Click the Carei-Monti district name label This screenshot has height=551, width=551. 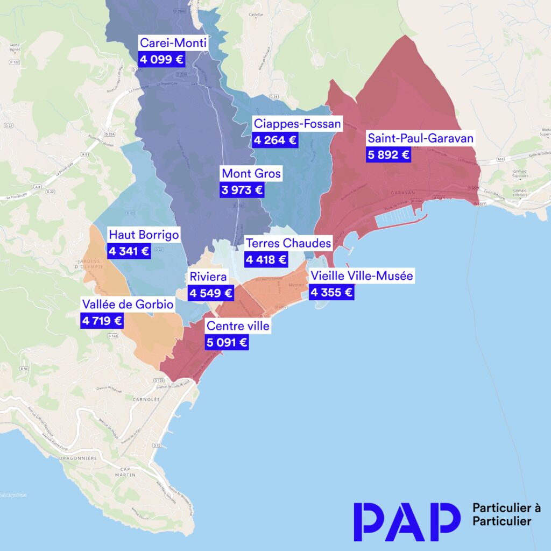pyautogui.click(x=173, y=43)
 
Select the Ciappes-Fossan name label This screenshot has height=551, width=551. pyautogui.click(x=298, y=124)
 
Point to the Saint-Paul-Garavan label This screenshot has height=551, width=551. pyautogui.click(x=420, y=138)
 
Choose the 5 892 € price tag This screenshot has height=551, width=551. pyautogui.click(x=388, y=155)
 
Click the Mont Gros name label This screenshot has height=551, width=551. pyautogui.click(x=251, y=174)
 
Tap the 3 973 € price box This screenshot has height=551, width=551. pyautogui.click(x=242, y=190)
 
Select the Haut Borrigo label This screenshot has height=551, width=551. pyautogui.click(x=144, y=235)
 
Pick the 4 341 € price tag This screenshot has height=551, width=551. pyautogui.click(x=129, y=251)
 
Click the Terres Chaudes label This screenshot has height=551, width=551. pyautogui.click(x=288, y=243)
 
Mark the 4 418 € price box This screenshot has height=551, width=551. pyautogui.click(x=266, y=260)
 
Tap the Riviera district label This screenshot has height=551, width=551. pyautogui.click(x=208, y=277)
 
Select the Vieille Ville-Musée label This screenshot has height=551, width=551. pyautogui.click(x=361, y=276)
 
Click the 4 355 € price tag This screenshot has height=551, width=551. pyautogui.click(x=331, y=293)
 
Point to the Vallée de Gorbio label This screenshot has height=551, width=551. pyautogui.click(x=128, y=305)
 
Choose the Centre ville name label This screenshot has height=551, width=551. pyautogui.click(x=238, y=326)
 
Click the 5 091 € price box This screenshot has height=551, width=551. pyautogui.click(x=227, y=342)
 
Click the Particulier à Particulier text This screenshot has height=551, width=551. pyautogui.click(x=506, y=514)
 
